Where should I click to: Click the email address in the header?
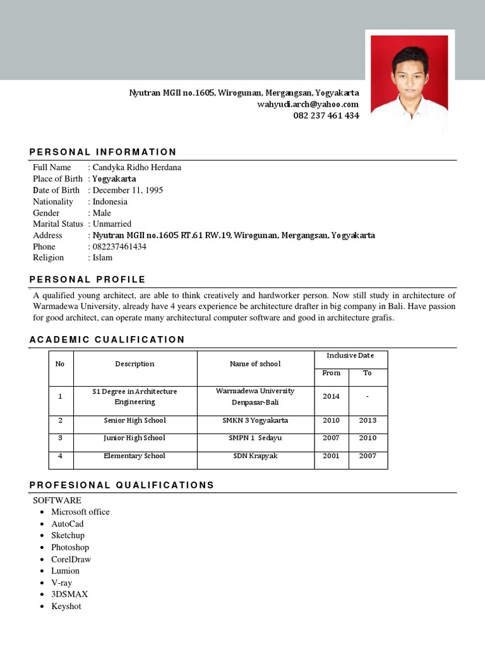tap(308, 104)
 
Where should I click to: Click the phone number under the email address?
tap(326, 116)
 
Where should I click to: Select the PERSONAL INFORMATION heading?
tap(103, 152)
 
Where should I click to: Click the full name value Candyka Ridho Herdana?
tap(136, 167)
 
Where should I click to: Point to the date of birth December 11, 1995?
tap(128, 190)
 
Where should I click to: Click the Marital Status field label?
tap(58, 224)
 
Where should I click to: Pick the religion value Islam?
tap(102, 258)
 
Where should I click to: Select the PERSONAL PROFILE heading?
tap(88, 279)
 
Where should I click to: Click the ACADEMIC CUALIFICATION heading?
tap(107, 339)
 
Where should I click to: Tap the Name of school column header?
tap(255, 364)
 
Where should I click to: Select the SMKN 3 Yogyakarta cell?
tap(255, 420)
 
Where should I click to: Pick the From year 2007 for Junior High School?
tap(331, 438)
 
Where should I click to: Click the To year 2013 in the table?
tap(368, 420)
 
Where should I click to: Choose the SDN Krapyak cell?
tap(255, 456)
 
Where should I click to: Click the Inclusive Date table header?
tap(350, 356)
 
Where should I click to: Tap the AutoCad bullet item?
tap(68, 524)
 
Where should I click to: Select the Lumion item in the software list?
tap(66, 571)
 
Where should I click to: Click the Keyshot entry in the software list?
tap(66, 606)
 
